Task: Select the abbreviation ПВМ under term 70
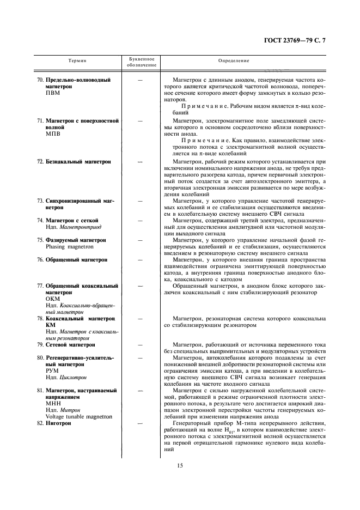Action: click(53, 93)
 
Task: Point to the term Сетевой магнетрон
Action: click(70, 345)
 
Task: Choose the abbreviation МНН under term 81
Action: click(53, 403)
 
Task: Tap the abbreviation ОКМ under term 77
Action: click(53, 299)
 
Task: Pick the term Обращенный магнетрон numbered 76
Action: click(76, 260)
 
